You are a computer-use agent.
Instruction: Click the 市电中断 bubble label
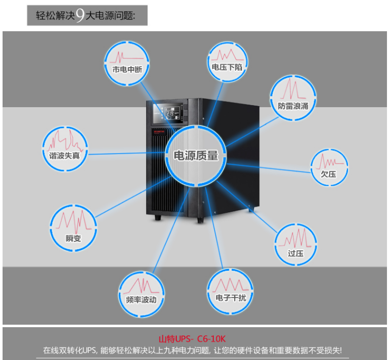coord(127,69)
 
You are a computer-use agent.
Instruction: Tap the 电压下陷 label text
coord(227,67)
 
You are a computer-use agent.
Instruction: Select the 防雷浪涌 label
coord(293,106)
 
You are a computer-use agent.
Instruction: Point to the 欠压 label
coord(329,174)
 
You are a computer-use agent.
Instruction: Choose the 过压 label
coord(295,253)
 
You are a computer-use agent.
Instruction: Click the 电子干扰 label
coord(231,297)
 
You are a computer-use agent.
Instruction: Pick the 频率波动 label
coord(141,299)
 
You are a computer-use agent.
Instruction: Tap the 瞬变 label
coord(73,238)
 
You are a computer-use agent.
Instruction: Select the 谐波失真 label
coord(65,155)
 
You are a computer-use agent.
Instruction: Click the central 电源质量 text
coord(196,155)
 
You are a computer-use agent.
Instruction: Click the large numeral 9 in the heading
coord(80,15)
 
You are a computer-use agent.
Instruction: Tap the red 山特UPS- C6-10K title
coord(192,338)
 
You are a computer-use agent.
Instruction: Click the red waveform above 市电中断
coord(127,57)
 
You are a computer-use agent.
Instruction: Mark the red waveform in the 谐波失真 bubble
coord(65,141)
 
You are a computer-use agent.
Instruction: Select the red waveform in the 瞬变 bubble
coord(73,222)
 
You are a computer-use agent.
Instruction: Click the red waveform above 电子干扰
coord(230,285)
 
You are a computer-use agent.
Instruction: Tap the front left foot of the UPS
coord(158,217)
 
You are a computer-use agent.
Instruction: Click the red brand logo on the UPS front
coord(159,132)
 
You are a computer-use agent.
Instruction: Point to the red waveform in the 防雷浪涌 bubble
coord(293,89)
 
